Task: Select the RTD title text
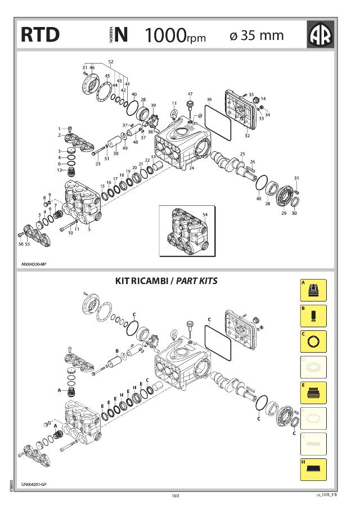point(40,35)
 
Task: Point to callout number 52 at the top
point(110,61)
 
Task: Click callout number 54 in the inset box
point(205,215)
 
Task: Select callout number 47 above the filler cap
point(190,94)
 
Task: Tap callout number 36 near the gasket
point(209,100)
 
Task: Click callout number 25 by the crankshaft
point(242,154)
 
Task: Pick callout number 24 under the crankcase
point(191,168)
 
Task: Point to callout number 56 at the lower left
point(20,244)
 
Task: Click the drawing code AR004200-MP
point(34,263)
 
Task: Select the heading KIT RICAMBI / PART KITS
point(166,280)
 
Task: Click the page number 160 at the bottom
point(175,496)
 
